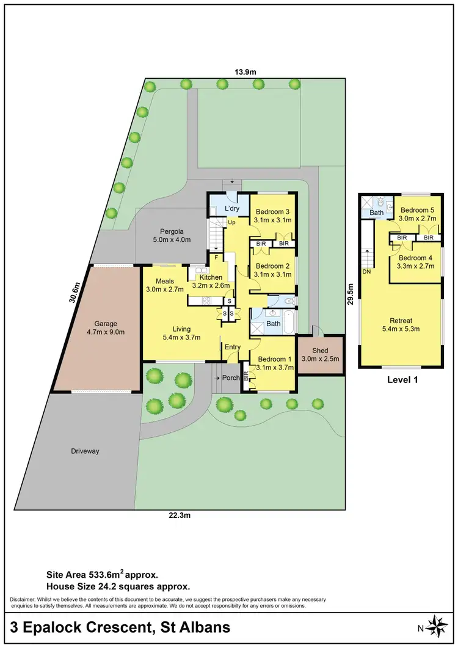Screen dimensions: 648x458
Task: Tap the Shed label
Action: tap(320, 351)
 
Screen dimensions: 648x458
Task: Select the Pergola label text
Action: tap(172, 231)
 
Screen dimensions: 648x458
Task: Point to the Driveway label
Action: tap(84, 451)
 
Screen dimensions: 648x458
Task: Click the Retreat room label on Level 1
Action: tap(401, 320)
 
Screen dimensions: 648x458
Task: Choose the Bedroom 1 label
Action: tap(274, 359)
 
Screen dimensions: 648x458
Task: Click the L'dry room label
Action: tap(231, 209)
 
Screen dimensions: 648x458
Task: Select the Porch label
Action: tap(230, 377)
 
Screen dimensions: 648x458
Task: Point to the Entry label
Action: tap(233, 347)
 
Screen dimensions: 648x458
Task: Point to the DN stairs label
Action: tap(366, 271)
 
